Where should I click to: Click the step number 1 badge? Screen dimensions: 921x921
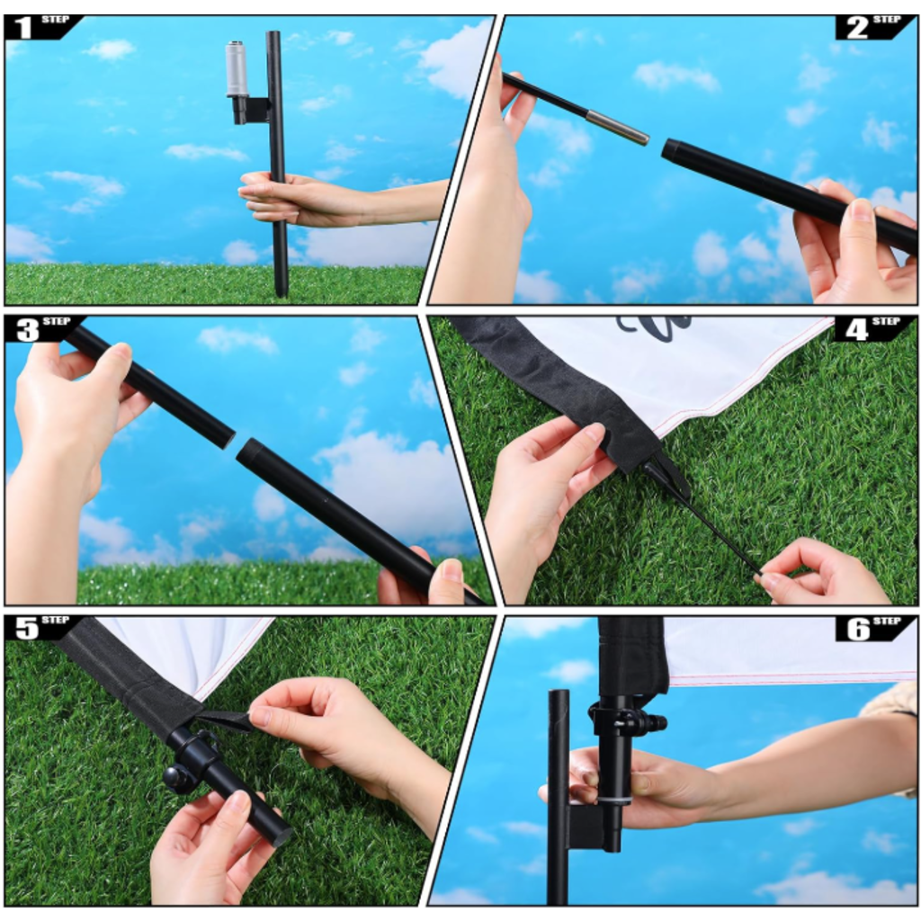tap(41, 27)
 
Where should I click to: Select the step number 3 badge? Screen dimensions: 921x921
tap(42, 329)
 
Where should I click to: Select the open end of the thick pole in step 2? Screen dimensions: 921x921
tap(669, 149)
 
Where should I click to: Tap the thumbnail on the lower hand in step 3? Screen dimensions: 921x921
tap(451, 571)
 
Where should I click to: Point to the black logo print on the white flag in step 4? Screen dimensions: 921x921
tap(652, 324)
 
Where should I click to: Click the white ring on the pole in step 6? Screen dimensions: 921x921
tap(614, 800)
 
